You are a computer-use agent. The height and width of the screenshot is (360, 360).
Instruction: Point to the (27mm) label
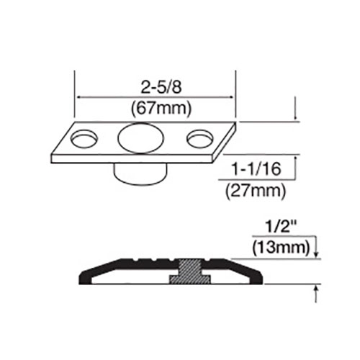coord(256,191)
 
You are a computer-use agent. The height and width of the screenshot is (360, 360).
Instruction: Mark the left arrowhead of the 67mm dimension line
coord(80,97)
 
